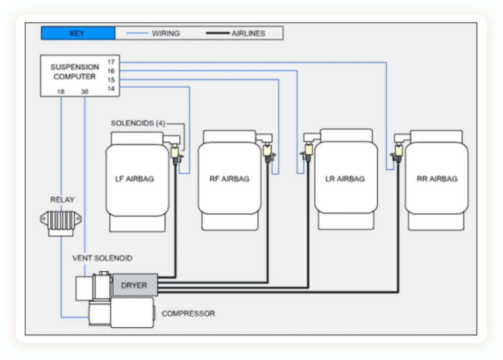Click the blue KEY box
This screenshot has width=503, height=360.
[x=78, y=34]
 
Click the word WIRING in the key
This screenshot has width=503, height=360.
[x=165, y=34]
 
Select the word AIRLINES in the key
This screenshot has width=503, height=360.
[x=248, y=34]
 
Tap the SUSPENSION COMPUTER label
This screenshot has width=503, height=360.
[x=74, y=72]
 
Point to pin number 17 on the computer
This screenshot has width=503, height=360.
[x=111, y=62]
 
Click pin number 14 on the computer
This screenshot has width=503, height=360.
[x=111, y=88]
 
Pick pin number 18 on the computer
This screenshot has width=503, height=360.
[x=61, y=92]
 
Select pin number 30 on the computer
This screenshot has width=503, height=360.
[x=85, y=92]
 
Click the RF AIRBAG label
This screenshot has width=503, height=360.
[x=229, y=179]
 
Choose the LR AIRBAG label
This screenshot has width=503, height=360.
[x=345, y=179]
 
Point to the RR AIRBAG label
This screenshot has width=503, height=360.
[x=437, y=179]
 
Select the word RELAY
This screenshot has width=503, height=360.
[x=62, y=200]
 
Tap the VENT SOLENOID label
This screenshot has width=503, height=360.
[x=103, y=258]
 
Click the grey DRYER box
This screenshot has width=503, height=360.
[x=134, y=285]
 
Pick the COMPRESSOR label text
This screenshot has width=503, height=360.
[x=188, y=314]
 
